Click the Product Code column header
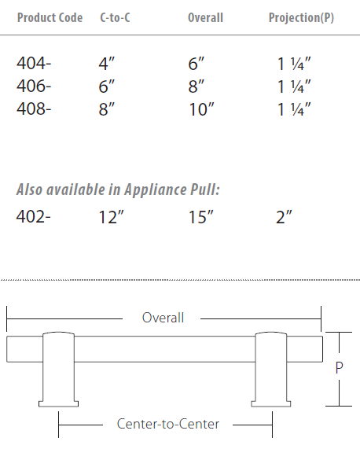click(x=50, y=17)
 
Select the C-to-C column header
click(x=115, y=17)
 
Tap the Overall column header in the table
click(x=205, y=17)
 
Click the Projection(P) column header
click(x=301, y=17)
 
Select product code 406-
click(x=34, y=88)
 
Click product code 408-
click(x=34, y=109)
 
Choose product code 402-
click(x=34, y=217)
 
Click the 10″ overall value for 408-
click(x=201, y=109)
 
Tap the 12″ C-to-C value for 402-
click(x=112, y=217)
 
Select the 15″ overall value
click(x=201, y=217)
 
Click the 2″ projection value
click(x=284, y=217)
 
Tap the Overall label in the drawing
click(x=163, y=318)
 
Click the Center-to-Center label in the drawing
click(x=167, y=425)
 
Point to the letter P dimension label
click(x=340, y=368)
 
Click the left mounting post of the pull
click(x=59, y=370)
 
